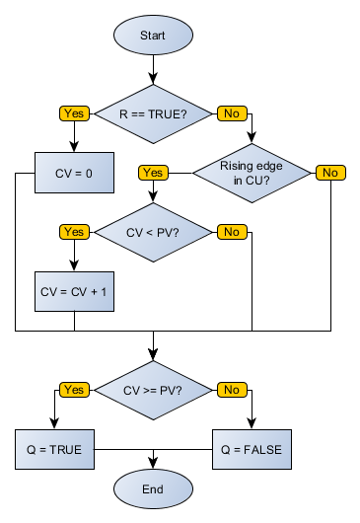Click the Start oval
point(153,35)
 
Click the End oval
point(153,487)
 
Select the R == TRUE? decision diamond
point(153,113)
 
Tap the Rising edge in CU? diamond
point(252,173)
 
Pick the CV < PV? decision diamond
point(153,232)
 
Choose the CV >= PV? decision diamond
point(153,390)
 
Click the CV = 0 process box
point(75,173)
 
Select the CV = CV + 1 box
point(75,291)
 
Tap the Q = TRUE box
point(54,449)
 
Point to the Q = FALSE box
point(252,449)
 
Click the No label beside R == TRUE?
point(231,113)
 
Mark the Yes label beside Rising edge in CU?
point(153,173)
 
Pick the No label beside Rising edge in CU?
point(329,173)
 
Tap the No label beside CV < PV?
point(231,232)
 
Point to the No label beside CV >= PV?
point(231,390)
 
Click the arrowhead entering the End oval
point(153,463)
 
